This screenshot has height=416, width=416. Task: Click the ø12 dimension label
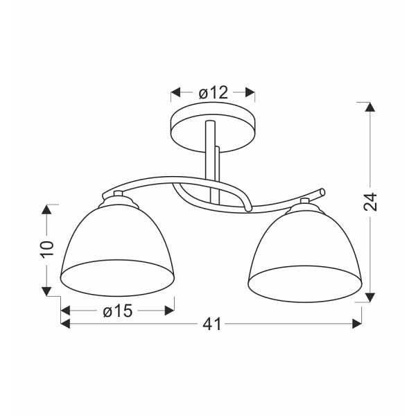[x=213, y=93]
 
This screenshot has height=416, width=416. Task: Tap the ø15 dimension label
[x=117, y=311]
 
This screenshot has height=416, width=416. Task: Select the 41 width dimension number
[x=213, y=324]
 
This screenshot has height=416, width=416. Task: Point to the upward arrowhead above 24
[x=371, y=107]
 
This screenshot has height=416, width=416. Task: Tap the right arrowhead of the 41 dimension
[x=358, y=324]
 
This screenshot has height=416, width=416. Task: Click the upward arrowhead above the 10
[x=47, y=209]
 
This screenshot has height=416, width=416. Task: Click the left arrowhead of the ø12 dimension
[x=175, y=93]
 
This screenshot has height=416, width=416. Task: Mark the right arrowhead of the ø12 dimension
[x=251, y=93]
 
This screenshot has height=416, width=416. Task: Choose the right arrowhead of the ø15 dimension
[x=170, y=311]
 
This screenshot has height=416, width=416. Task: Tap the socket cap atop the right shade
[x=305, y=203]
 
